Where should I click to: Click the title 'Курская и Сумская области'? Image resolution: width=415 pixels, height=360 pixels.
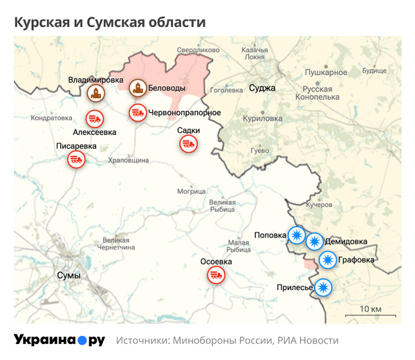pyautogui.click(x=110, y=22)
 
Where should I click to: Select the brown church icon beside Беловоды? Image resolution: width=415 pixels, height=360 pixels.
pyautogui.click(x=138, y=88)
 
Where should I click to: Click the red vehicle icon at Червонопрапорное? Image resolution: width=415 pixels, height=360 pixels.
pyautogui.click(x=138, y=112)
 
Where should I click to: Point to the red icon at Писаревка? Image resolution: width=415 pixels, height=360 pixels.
pyautogui.click(x=75, y=160)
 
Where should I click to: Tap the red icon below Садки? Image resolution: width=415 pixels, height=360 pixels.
pyautogui.click(x=187, y=143)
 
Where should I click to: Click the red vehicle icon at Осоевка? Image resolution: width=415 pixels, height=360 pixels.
pyautogui.click(x=216, y=275)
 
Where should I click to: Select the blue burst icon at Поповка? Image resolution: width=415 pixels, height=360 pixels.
pyautogui.click(x=296, y=235)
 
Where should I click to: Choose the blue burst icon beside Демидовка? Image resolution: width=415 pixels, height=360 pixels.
pyautogui.click(x=314, y=242)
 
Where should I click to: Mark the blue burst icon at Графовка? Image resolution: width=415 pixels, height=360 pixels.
pyautogui.click(x=328, y=260)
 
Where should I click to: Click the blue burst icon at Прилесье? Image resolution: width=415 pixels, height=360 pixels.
pyautogui.click(x=323, y=287)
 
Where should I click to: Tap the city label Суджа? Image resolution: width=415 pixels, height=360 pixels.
pyautogui.click(x=262, y=88)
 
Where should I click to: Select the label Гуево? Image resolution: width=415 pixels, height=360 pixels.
pyautogui.click(x=259, y=150)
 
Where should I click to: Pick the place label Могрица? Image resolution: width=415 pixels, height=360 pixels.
pyautogui.click(x=191, y=191)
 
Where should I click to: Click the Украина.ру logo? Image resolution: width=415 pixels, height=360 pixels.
pyautogui.click(x=59, y=340)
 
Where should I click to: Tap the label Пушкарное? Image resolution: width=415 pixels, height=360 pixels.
pyautogui.click(x=326, y=72)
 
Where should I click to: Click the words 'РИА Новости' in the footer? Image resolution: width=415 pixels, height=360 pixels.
pyautogui.click(x=308, y=341)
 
